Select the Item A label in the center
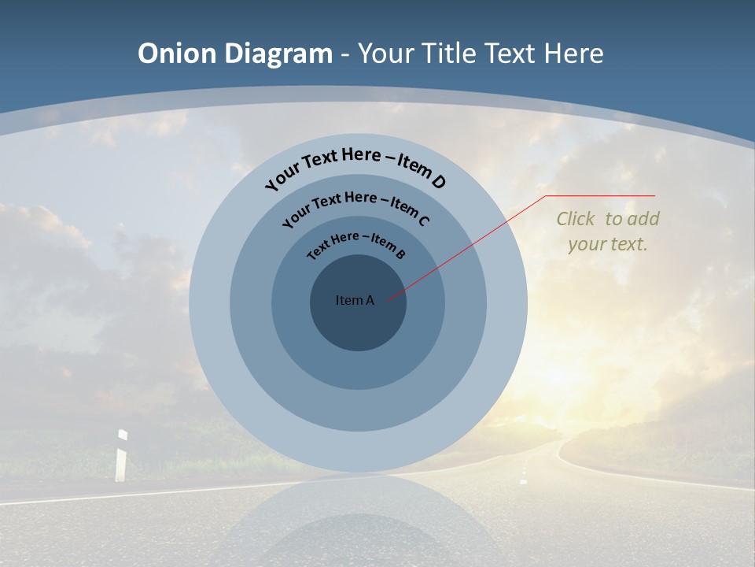355,300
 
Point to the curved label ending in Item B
355,245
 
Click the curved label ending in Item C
355,207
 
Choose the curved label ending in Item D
355,167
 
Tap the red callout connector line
472,244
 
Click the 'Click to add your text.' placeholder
608,232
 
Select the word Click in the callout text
576,219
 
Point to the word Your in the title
388,54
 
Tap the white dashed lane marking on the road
523,477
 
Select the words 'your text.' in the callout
608,244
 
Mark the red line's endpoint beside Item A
389,299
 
